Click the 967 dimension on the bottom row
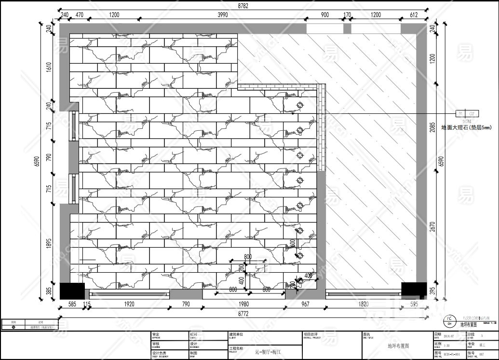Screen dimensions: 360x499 tap(305, 304)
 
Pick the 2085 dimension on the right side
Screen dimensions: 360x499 tap(432, 130)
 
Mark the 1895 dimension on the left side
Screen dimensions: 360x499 tap(48, 244)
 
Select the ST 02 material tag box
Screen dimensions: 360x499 tap(468, 114)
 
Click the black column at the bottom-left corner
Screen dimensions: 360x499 tap(72, 291)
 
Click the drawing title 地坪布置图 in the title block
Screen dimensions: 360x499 tap(397, 346)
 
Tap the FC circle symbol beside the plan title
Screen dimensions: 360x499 tap(449, 320)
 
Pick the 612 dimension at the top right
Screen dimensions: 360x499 tap(414, 15)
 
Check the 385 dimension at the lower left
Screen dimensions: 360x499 tap(48, 291)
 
